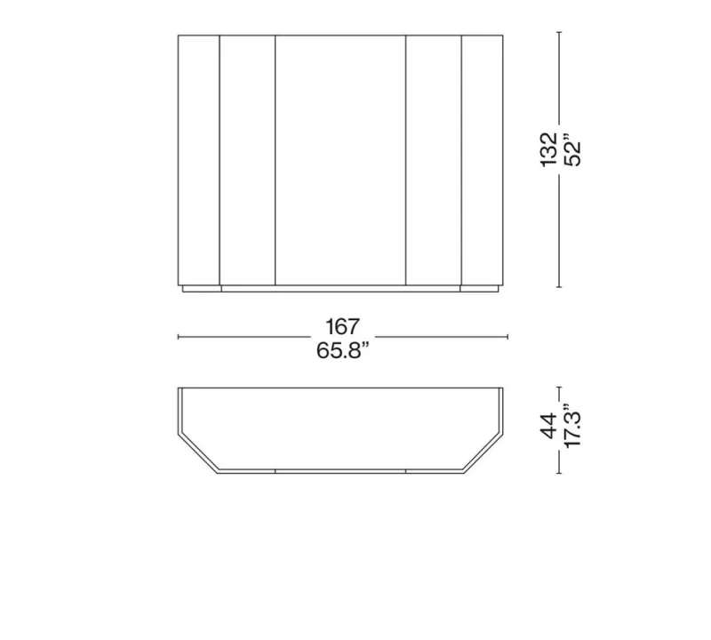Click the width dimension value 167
(x=342, y=326)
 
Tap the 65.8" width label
(x=342, y=350)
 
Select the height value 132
(x=548, y=149)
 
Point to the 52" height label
(x=572, y=149)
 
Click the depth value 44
(x=548, y=426)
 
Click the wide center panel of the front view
(x=340, y=160)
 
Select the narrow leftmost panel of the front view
(x=198, y=160)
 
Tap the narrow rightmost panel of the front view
(x=482, y=160)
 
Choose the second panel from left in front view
(x=248, y=160)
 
